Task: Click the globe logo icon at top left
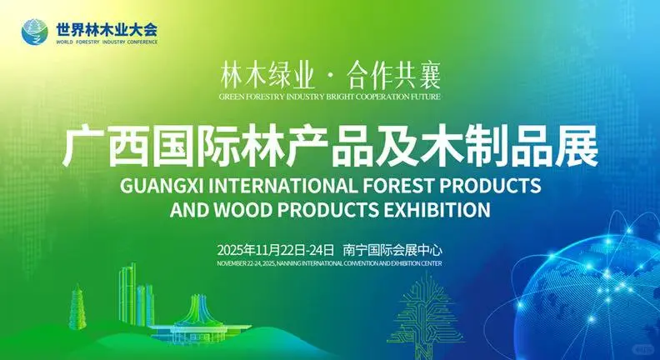(36, 32)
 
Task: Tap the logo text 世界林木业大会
(106, 27)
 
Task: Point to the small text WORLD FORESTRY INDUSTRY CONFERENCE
(106, 42)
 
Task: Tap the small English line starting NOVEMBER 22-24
(329, 263)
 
